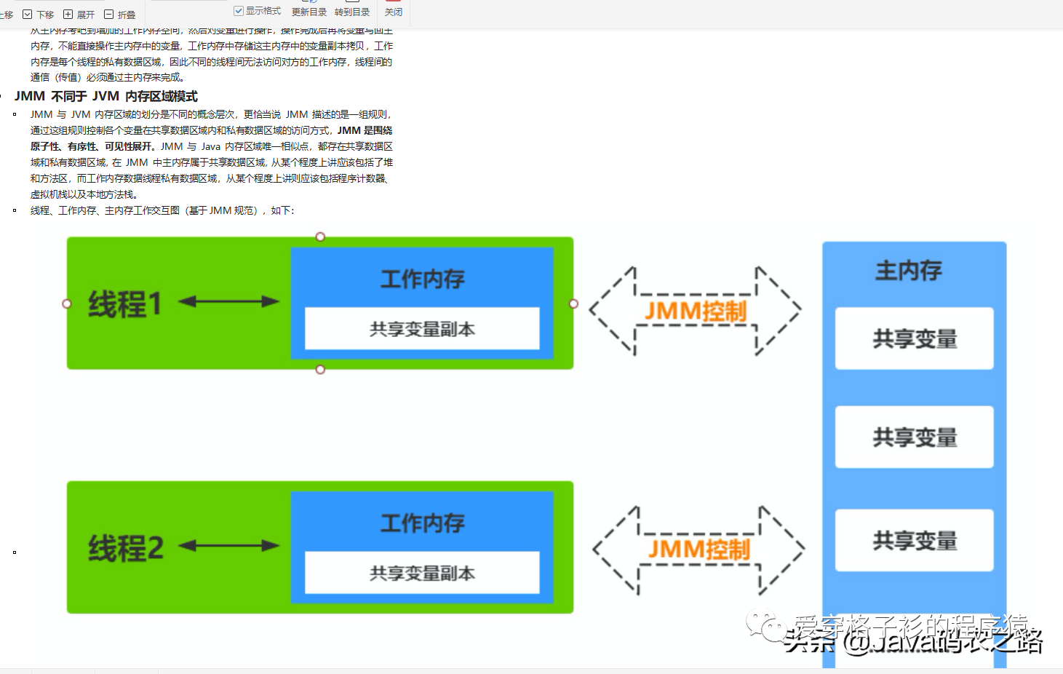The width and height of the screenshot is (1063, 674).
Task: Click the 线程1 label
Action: point(124,304)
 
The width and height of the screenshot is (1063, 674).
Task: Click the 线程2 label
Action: point(126,548)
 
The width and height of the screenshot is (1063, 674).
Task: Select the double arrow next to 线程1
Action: point(228,301)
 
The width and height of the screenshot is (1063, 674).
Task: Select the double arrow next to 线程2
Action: point(228,545)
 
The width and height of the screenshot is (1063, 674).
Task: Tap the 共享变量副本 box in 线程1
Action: point(422,329)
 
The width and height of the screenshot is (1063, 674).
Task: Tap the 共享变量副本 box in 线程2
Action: point(422,574)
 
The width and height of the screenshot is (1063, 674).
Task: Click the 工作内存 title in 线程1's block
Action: point(422,279)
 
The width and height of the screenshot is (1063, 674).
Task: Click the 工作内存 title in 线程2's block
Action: point(422,523)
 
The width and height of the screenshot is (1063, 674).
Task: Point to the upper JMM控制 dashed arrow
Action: point(695,311)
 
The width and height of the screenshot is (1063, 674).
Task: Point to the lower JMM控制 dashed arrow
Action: point(698,550)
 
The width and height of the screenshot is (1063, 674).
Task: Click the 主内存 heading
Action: point(908,271)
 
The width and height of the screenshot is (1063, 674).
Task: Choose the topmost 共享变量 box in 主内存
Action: point(914,338)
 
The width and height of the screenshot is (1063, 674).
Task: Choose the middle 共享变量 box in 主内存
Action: point(914,437)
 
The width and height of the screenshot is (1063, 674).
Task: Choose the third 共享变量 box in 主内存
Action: point(914,540)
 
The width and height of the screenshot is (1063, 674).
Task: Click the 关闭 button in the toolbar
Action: point(394,12)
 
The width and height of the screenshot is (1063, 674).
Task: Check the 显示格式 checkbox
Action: point(239,11)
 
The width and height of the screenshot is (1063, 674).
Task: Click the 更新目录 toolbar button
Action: point(309,12)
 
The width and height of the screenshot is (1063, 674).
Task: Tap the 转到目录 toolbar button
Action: point(352,12)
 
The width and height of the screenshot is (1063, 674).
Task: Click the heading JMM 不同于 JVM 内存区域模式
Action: point(106,96)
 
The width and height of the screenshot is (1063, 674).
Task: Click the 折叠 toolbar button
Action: point(120,14)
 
